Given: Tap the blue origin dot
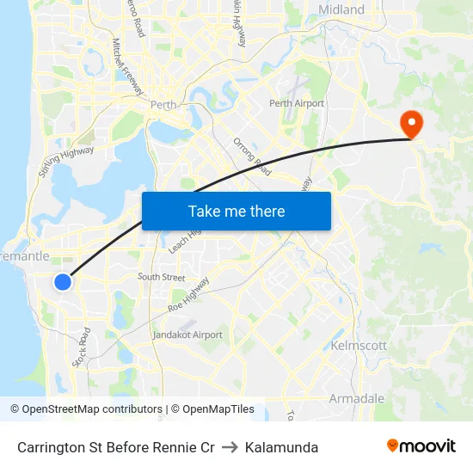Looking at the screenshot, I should coord(63,281).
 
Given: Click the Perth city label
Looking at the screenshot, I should coord(163,105).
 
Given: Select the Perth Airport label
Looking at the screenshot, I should coord(297,103).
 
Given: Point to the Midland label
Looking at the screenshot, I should coord(341,10).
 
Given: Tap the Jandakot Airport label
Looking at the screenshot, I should coord(187,335).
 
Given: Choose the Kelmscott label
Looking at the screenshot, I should coord(359,345).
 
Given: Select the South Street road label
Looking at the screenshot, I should coord(161,277).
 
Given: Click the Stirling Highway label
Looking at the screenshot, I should coord(65,161).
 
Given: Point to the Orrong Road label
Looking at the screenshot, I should coord(252,156).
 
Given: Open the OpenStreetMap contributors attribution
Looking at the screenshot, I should coord(86,409).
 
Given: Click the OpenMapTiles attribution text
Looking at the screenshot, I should coord(212,409).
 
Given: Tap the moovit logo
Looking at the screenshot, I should coord(421,445).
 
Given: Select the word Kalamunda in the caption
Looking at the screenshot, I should coord(281,447).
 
